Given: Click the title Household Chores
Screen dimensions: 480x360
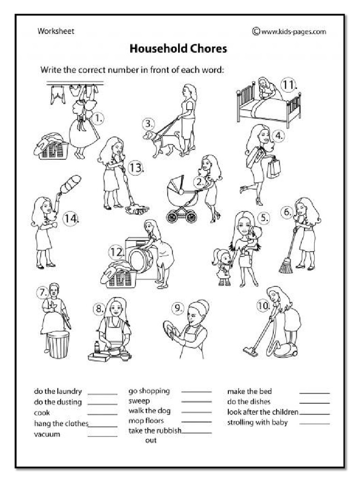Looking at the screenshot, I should pos(178,48).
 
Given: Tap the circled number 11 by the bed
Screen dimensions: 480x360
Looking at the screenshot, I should pos(289,85).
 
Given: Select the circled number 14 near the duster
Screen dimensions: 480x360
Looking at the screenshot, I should pos(71,218).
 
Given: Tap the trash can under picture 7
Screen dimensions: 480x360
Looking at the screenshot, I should pos(58,345).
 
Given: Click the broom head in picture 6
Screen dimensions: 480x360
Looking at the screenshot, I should pos(285,267).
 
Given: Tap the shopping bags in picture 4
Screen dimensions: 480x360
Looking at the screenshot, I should pos(273,167).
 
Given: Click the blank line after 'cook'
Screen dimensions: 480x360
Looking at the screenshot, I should pos(102,413).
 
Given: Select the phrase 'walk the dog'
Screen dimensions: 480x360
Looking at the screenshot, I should pos(150,411).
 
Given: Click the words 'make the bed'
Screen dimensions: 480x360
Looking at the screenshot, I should pos(249,391).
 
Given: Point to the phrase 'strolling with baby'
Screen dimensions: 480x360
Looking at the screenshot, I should pos(257,422).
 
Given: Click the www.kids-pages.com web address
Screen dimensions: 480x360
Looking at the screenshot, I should pos(289,31).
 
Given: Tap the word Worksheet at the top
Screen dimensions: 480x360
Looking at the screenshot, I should pos(56,31).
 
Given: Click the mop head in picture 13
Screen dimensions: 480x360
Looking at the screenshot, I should pos(137,210).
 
